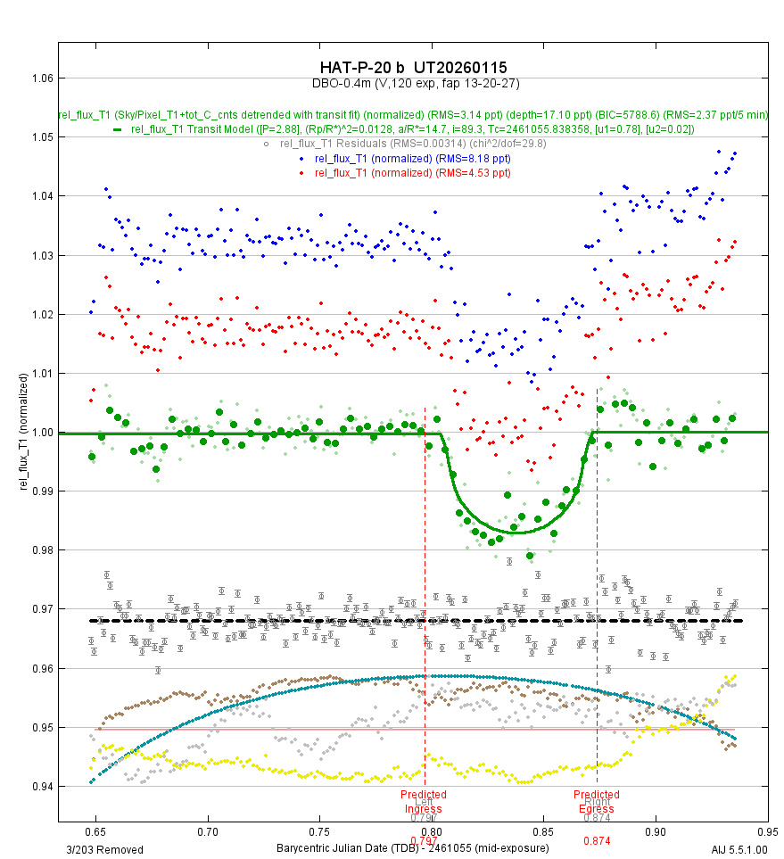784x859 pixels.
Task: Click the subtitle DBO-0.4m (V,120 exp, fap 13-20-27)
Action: point(415,83)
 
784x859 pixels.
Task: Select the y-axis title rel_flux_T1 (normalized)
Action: point(24,432)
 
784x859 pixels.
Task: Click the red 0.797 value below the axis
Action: point(424,839)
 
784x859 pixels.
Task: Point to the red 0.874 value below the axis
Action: point(596,841)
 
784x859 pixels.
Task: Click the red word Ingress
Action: point(424,809)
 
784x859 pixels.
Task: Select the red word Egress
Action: point(596,809)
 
